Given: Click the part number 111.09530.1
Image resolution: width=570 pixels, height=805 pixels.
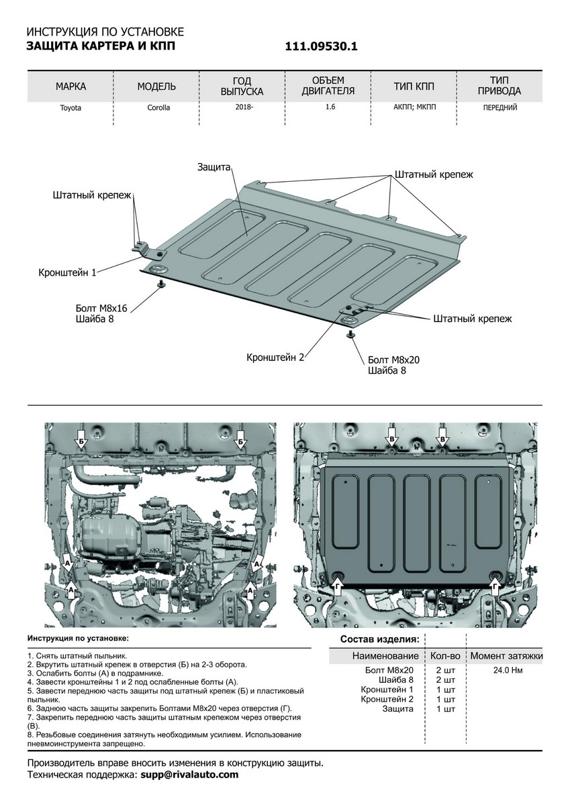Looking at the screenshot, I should pos(322,46).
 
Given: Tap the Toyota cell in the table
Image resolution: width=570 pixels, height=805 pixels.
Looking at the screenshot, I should pos(70,107).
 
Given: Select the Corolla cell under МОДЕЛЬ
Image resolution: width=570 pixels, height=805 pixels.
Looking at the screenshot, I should pos(158,107).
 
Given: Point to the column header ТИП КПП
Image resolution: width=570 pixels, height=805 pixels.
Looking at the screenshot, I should pos(414,87).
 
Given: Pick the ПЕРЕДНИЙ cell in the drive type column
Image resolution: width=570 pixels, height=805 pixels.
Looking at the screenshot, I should pos(500,107).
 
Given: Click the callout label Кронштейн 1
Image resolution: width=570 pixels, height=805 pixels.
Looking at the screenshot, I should pos(68,272).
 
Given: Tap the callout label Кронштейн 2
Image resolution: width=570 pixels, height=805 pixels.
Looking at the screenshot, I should pos(275,357).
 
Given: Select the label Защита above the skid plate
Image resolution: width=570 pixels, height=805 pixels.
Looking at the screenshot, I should pos(214,166).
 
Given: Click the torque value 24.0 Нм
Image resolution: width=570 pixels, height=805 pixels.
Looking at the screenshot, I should pos(507,669).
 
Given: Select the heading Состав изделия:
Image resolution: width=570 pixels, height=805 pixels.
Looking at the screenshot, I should pos(380,639).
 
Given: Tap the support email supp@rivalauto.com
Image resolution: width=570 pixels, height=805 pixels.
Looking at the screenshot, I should pos(189,775).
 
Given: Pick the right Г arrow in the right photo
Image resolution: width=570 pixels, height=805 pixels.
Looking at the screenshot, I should pos(495,586).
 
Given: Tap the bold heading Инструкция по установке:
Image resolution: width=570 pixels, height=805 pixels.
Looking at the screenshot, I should pos(78,638).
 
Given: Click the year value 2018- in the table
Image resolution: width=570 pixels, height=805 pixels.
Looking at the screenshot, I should pos(244,107).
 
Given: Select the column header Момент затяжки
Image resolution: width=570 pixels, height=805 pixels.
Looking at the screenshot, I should pos(507,655).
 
